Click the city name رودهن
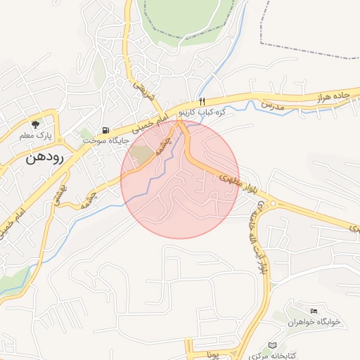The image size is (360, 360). tap(45, 158)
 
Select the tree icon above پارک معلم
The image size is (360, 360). tap(35, 123)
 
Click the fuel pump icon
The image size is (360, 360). tap(105, 129)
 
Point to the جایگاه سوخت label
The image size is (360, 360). tap(105, 141)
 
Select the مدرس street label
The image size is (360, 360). tap(271, 105)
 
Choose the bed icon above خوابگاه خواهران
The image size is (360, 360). tap(314, 311)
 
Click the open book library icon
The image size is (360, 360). tap(273, 345)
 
